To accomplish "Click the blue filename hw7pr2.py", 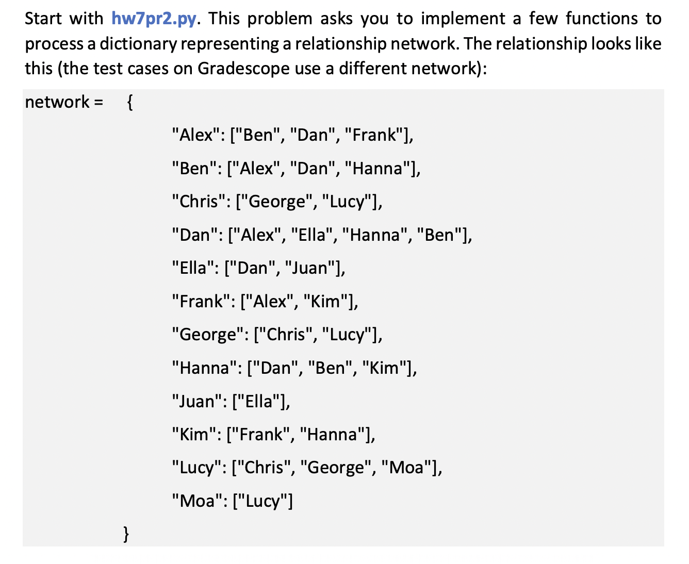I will point(154,19).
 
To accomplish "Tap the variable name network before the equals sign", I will point(57,102).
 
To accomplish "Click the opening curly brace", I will point(130,103).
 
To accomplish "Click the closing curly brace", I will point(126,534).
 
